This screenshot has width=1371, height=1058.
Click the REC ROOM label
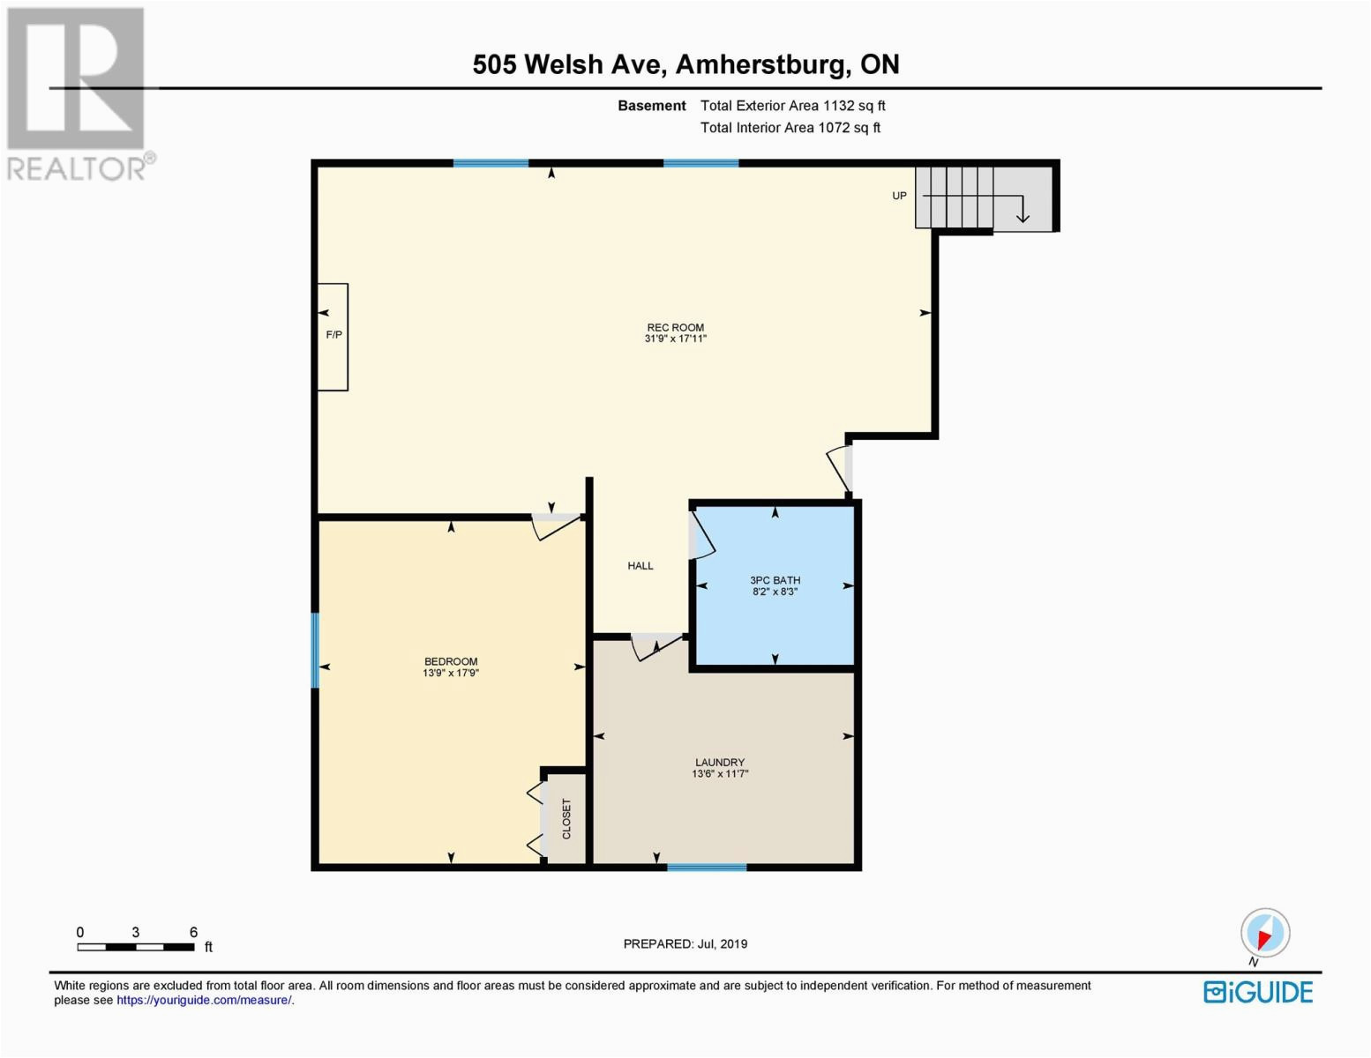[675, 327]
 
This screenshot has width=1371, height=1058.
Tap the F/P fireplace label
[333, 335]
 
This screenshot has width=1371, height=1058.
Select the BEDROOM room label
[451, 661]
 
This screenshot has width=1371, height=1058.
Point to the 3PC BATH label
[775, 580]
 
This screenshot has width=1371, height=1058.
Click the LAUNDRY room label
[720, 763]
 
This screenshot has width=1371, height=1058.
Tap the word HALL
[641, 565]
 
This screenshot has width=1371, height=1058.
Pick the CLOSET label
[566, 818]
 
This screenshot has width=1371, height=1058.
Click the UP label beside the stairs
[899, 196]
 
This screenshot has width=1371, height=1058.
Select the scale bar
[136, 946]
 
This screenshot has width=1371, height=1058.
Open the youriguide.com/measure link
[204, 1000]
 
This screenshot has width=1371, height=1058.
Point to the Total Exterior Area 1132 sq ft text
[792, 106]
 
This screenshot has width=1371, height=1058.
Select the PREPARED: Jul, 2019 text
[685, 944]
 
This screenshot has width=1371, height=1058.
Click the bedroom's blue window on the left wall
[315, 650]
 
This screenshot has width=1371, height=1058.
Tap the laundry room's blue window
[707, 867]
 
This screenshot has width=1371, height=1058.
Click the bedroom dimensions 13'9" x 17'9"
[451, 673]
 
